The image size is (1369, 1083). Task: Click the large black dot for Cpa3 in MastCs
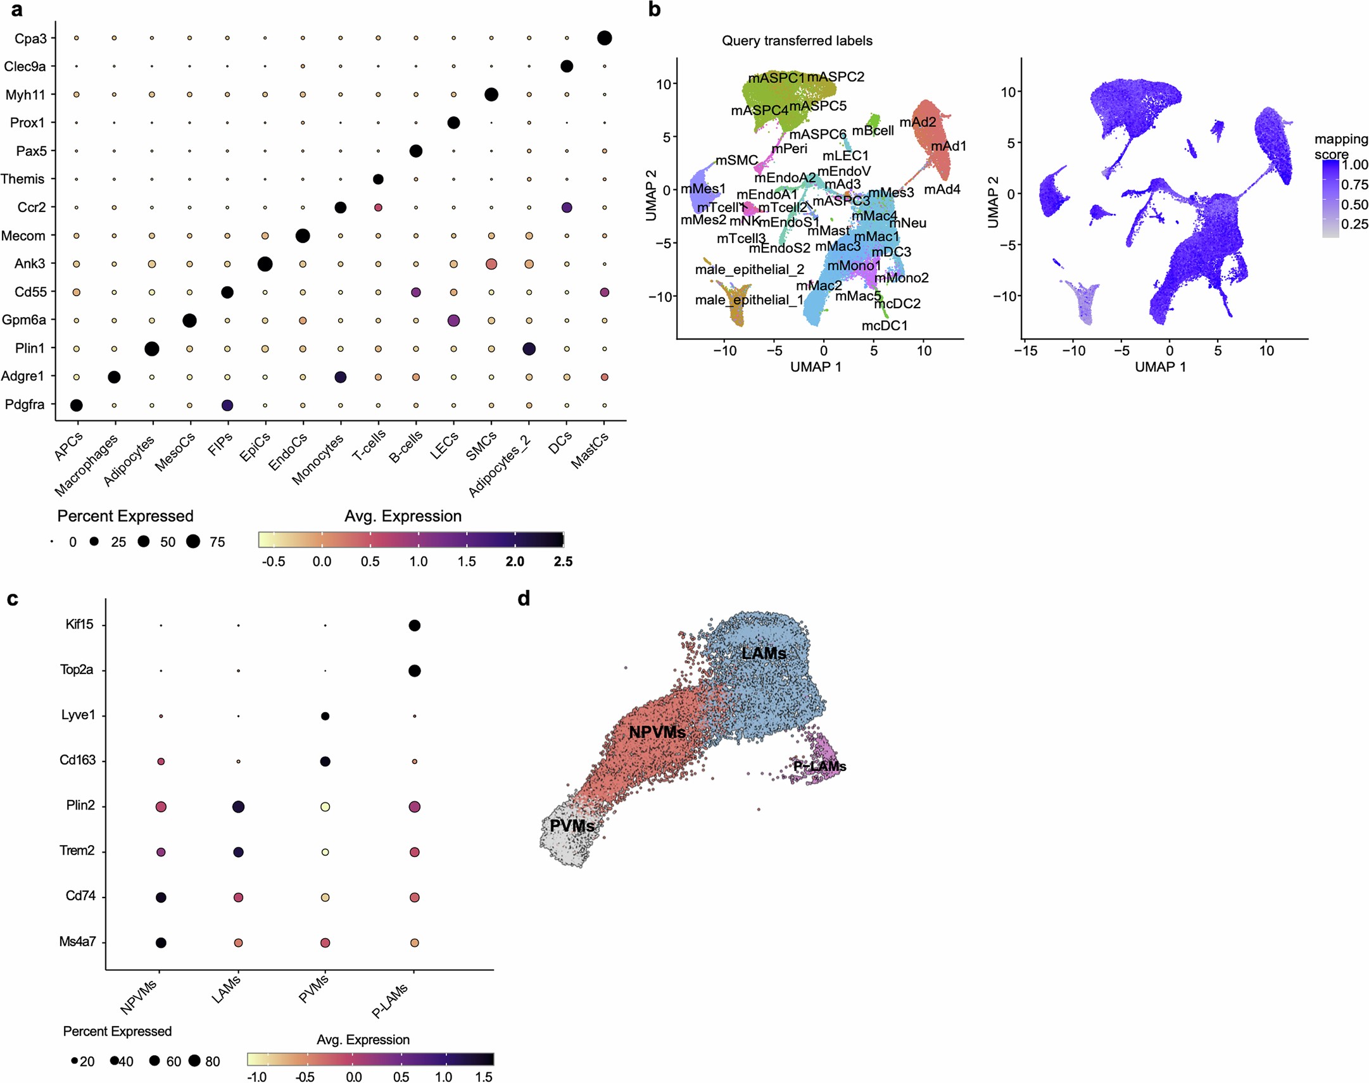604,38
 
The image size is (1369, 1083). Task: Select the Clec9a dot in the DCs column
567,66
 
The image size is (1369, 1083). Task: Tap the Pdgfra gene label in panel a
25,404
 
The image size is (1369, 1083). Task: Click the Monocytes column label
318,459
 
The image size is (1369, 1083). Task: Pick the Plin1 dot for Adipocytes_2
529,348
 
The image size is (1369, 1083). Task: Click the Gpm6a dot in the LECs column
453,320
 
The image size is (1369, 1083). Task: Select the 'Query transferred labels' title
797,41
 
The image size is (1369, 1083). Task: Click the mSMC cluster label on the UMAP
736,160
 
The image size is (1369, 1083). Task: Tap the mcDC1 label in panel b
884,325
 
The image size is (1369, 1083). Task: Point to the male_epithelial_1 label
748,299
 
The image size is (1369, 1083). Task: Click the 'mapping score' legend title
1341,146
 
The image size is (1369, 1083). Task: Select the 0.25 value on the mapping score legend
1354,224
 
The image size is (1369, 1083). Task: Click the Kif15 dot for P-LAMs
414,625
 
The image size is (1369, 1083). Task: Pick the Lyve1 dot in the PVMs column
325,716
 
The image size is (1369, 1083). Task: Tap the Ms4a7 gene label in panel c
77,942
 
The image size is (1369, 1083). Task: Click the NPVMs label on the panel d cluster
657,732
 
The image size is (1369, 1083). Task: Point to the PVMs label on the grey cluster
572,825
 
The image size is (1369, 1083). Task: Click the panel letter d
524,599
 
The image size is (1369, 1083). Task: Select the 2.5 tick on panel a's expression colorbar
563,561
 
